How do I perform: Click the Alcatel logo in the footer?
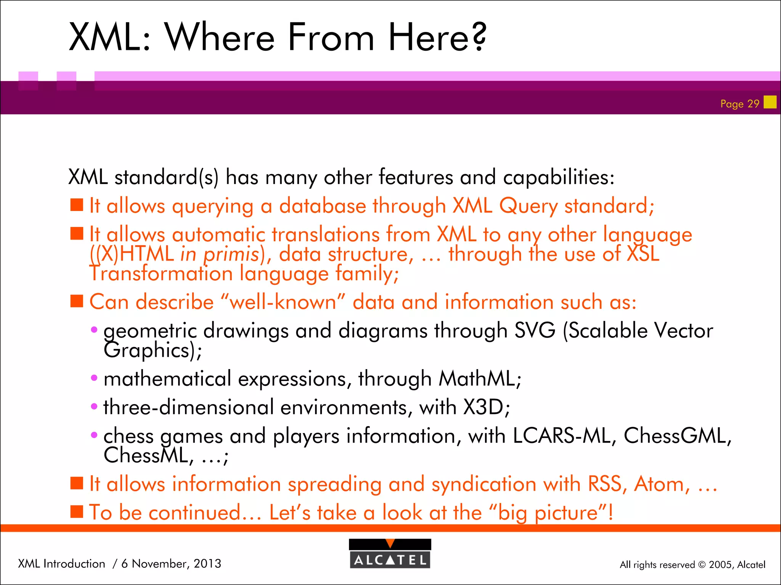click(x=390, y=553)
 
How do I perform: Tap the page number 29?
click(x=753, y=104)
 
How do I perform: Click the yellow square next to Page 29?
click(x=770, y=102)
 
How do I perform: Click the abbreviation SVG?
click(x=535, y=330)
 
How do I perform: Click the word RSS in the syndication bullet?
click(x=607, y=484)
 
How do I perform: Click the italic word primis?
click(x=231, y=254)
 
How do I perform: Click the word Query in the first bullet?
click(x=528, y=206)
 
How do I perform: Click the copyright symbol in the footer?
click(x=702, y=565)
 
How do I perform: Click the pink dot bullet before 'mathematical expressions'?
click(x=94, y=378)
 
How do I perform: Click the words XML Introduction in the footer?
click(x=61, y=563)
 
